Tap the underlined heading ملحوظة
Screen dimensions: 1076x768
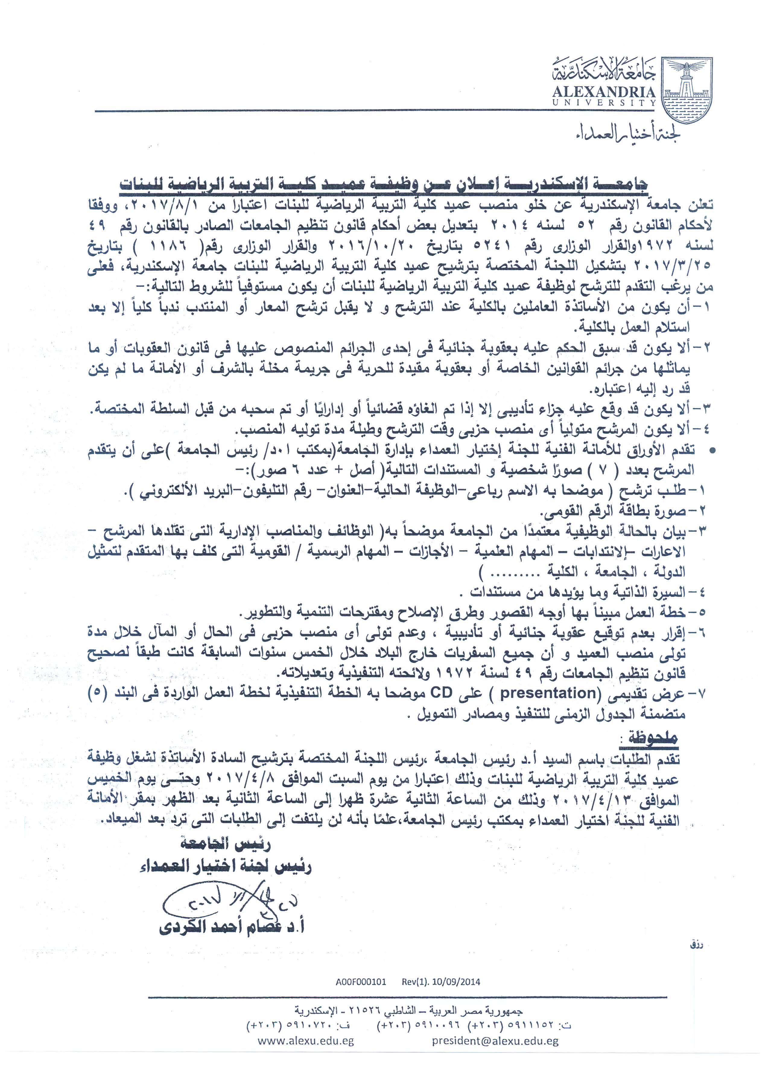(x=652, y=737)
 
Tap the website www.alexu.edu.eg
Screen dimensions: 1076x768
(x=306, y=1041)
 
